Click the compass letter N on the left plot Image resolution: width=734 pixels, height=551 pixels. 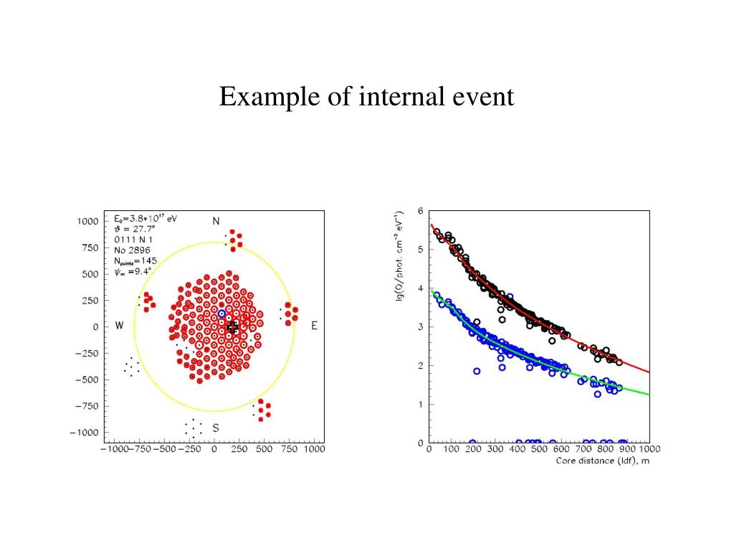coord(216,221)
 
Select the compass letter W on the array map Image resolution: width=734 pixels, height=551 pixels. coord(120,326)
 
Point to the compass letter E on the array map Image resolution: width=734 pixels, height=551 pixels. coord(314,326)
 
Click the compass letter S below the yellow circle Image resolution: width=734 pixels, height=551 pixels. coord(215,428)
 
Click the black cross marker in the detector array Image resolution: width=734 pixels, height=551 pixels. coord(232,327)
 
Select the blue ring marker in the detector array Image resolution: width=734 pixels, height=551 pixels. coord(221,314)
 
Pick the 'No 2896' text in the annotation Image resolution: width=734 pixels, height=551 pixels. coord(133,250)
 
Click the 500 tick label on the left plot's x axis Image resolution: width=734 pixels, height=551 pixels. coord(264,449)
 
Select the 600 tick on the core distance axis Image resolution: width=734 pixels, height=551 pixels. coord(561,449)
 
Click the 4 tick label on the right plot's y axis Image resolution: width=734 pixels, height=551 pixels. coord(420,288)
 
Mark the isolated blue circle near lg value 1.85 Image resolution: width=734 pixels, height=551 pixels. coord(477,371)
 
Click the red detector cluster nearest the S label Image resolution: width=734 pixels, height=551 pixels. coord(263,410)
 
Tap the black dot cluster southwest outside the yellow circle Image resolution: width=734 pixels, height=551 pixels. coord(131,367)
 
